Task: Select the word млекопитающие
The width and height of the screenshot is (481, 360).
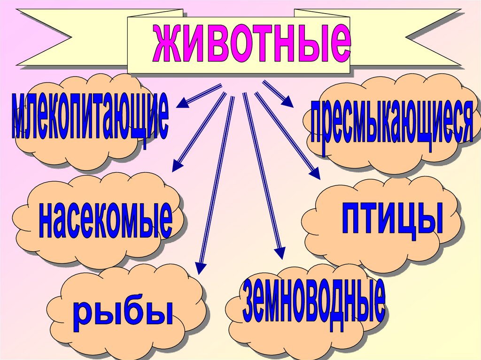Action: pyautogui.click(x=89, y=117)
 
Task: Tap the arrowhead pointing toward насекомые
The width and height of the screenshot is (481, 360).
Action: pyautogui.click(x=177, y=166)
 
